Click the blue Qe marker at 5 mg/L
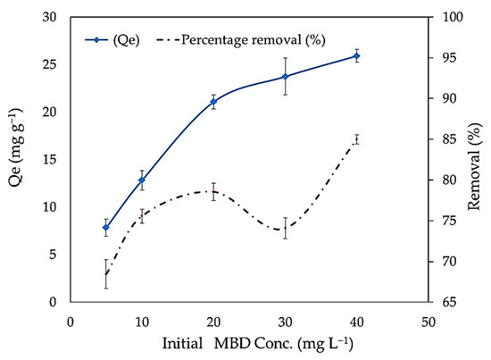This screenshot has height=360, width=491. (x=106, y=227)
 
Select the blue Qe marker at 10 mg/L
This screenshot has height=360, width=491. (x=142, y=180)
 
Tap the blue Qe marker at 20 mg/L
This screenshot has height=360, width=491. (x=213, y=102)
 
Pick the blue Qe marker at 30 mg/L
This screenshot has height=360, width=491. (x=286, y=77)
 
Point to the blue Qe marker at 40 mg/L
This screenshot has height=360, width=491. (x=356, y=56)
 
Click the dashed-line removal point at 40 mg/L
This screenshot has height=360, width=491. (x=356, y=139)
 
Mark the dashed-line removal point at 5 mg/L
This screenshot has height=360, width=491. (x=106, y=274)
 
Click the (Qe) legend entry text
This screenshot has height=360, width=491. (x=126, y=40)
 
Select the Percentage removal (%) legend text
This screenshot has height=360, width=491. (x=254, y=40)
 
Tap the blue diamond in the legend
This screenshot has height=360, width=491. (x=96, y=40)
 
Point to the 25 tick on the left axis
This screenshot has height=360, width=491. (x=49, y=64)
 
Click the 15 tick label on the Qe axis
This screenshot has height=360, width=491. (x=49, y=160)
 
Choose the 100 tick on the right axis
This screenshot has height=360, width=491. (x=452, y=17)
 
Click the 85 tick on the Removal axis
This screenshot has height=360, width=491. (x=448, y=139)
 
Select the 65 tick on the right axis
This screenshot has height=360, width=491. (x=448, y=302)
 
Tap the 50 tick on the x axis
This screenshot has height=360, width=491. (x=428, y=322)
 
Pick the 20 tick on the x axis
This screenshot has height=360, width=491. (x=213, y=322)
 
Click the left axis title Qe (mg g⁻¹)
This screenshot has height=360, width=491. (x=16, y=152)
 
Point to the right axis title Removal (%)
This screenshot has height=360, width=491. (x=474, y=166)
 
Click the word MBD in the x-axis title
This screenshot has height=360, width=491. (x=232, y=343)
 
